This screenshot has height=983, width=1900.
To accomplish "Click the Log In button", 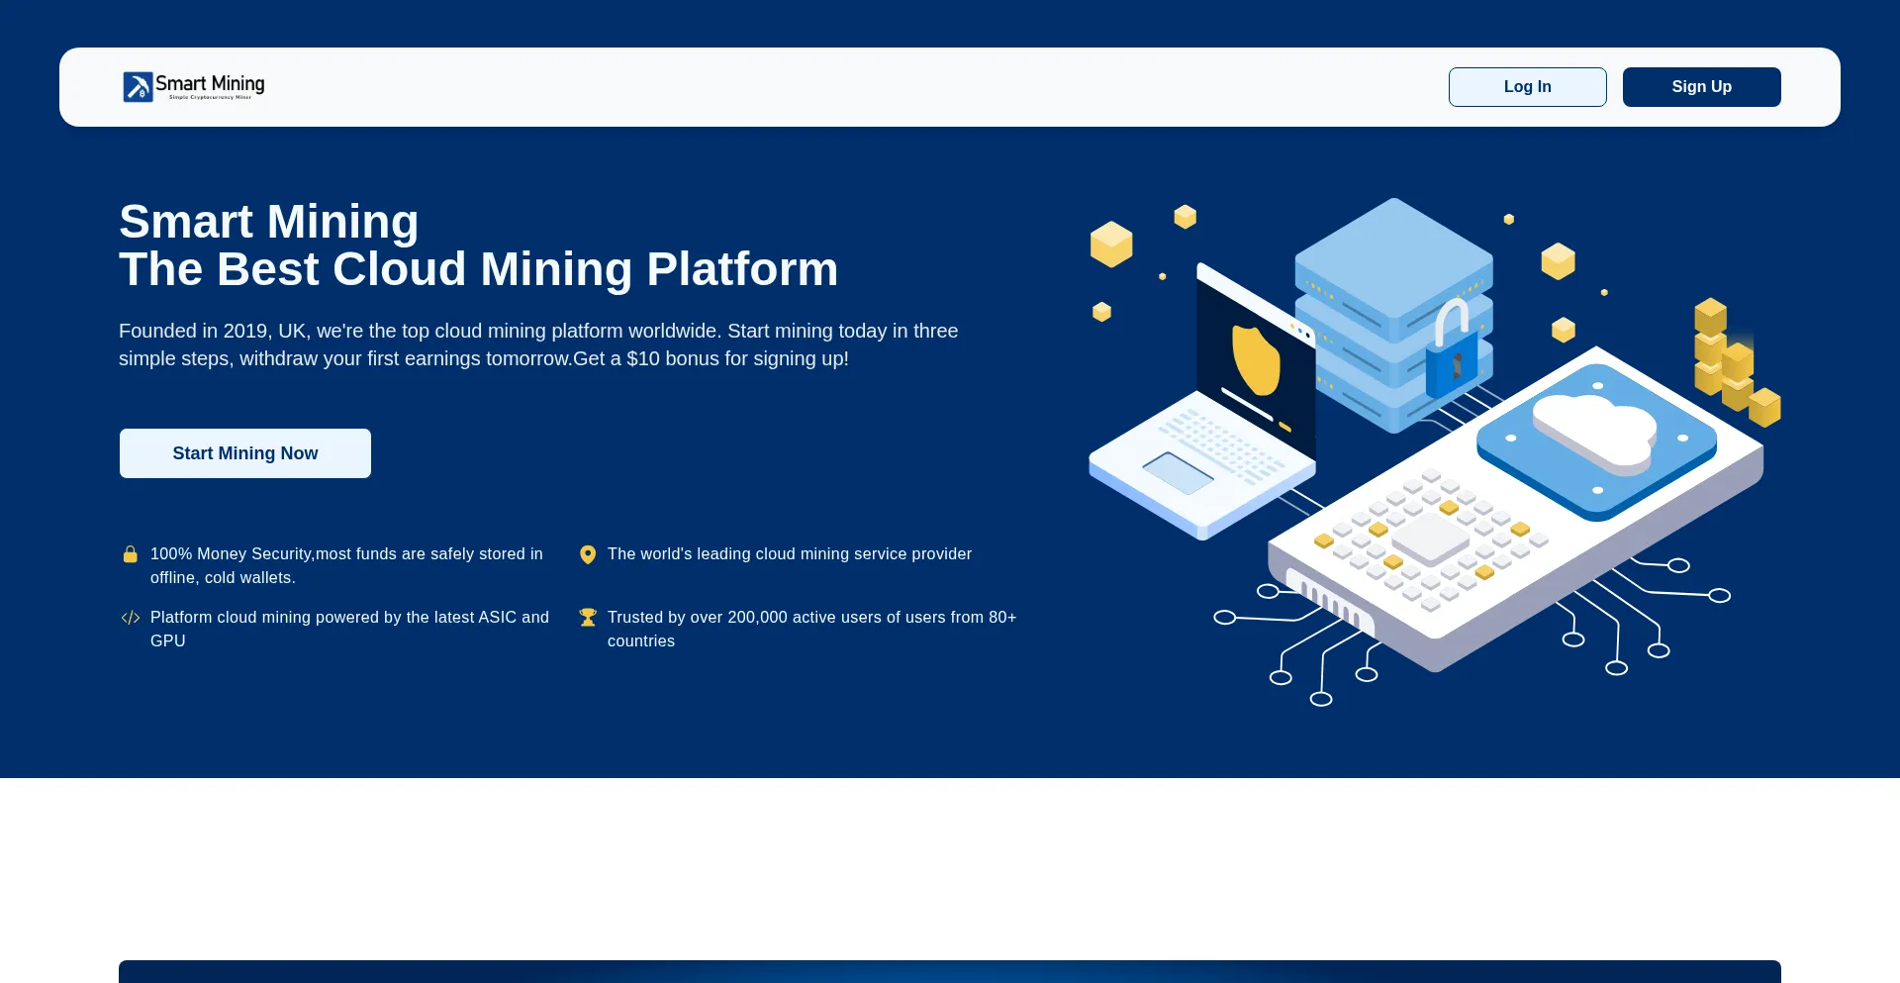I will (1527, 87).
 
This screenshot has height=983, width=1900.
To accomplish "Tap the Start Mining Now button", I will (245, 453).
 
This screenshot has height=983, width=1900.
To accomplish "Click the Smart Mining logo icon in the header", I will (138, 87).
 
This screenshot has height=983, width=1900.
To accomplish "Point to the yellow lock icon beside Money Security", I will (130, 554).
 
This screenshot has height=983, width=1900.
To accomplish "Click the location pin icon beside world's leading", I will (588, 554).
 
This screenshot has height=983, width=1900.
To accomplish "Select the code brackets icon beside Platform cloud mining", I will (130, 618).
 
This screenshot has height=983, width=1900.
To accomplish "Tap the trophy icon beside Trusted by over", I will (588, 618).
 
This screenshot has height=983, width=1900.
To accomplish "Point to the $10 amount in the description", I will (643, 358).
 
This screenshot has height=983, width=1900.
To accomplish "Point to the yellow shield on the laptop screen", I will (1256, 360).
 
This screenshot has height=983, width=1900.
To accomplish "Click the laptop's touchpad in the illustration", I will (1178, 473).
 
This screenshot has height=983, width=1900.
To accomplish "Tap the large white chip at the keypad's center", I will (1430, 538).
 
